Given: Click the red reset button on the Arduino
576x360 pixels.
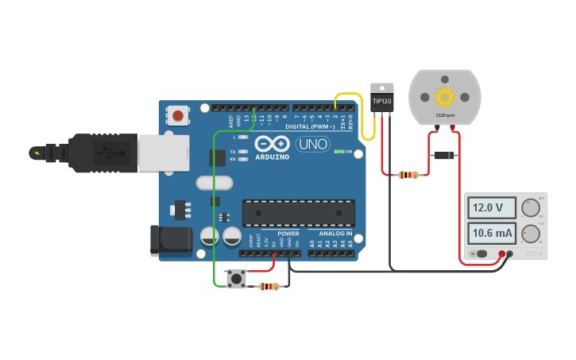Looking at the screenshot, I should coord(178,116).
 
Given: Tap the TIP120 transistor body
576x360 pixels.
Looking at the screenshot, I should coord(382,101).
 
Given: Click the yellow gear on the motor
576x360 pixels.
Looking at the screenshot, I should coord(444,97).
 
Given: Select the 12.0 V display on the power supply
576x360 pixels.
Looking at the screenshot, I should coord(490,208).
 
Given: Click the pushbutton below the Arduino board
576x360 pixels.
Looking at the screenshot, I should coord(236,278).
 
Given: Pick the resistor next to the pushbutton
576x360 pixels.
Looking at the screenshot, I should coord(269,286).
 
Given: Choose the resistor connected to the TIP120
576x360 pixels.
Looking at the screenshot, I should coord(408,175).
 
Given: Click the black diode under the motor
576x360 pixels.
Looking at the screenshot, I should coord(444,155).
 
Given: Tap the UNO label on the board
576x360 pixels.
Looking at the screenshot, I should coord(312,145).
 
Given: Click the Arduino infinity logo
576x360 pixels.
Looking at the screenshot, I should coord(273,145).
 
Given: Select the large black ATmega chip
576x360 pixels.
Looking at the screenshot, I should coord(298,213).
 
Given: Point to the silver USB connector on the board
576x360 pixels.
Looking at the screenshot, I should coord(164,153).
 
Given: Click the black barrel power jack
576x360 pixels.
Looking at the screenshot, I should coord(171,241).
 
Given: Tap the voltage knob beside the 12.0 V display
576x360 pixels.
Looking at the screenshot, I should coord(530,208).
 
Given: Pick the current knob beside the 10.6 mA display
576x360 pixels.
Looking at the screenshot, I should coord(530,233).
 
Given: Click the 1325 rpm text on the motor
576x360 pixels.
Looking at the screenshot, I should coord(444,116).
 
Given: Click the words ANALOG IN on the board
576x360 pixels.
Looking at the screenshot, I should coord(335,234).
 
